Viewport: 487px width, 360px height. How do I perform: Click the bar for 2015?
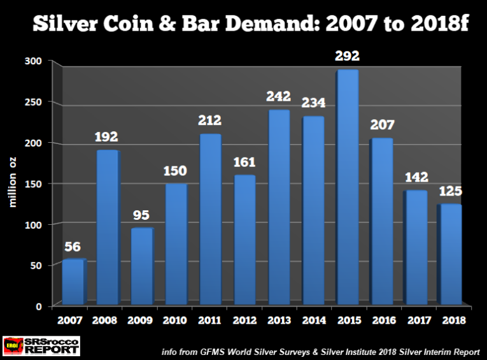point(347,187)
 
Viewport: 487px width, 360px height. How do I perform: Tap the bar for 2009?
point(141,266)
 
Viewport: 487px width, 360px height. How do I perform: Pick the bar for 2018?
point(450,255)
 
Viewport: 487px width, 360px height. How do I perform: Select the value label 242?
point(278,97)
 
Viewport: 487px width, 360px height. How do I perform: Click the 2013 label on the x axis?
point(278,319)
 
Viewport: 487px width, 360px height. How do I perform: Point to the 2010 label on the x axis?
point(176,319)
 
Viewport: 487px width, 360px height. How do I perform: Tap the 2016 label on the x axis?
point(381,319)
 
